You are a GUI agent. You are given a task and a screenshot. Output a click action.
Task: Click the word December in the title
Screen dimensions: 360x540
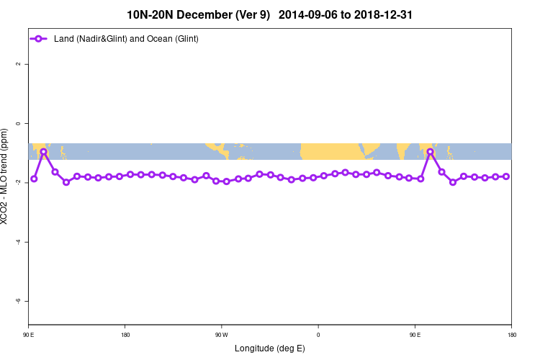point(208,14)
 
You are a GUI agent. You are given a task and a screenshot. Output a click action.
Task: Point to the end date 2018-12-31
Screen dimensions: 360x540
point(383,14)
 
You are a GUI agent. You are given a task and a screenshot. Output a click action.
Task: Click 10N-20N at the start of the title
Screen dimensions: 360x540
point(153,14)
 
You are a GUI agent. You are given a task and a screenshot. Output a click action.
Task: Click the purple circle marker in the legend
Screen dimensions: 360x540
point(41,38)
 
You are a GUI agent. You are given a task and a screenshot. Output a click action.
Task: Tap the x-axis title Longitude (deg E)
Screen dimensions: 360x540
point(270,348)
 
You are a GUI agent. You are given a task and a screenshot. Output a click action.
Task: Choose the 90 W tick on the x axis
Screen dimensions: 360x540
point(221,334)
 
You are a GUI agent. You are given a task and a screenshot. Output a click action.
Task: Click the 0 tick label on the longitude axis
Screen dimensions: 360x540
point(318,334)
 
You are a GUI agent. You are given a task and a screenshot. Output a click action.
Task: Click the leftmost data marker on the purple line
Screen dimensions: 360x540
point(34,179)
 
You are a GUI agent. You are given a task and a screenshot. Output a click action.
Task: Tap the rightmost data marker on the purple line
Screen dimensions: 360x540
point(506,176)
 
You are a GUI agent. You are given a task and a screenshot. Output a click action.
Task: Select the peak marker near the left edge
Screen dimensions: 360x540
point(44,152)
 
